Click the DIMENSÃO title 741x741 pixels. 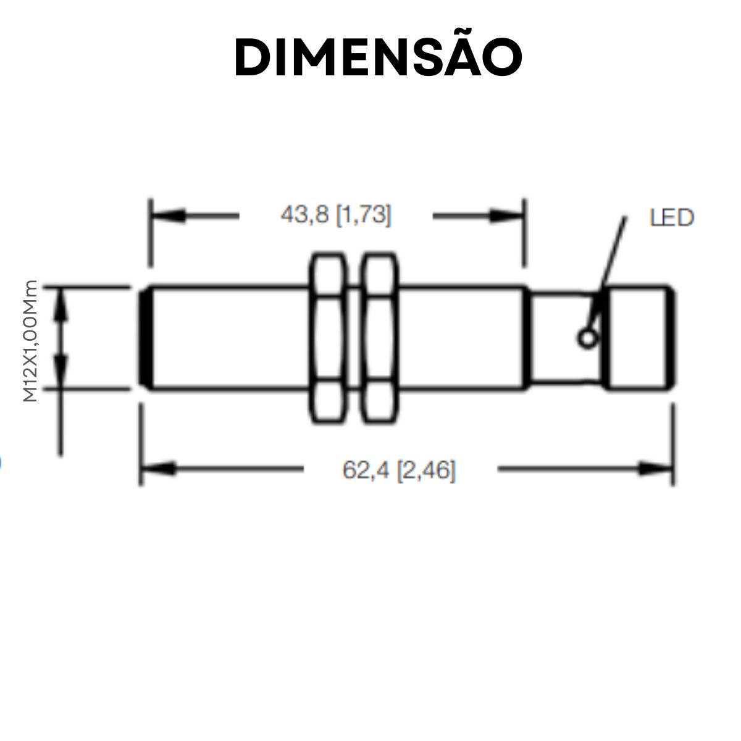[378, 57]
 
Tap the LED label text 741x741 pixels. [672, 217]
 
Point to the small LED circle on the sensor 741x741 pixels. [587, 337]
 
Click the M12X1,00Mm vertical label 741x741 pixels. [30, 341]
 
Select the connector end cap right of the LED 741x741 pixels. [639, 337]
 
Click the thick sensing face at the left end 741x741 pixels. [146, 337]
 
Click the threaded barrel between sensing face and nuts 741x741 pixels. [228, 337]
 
